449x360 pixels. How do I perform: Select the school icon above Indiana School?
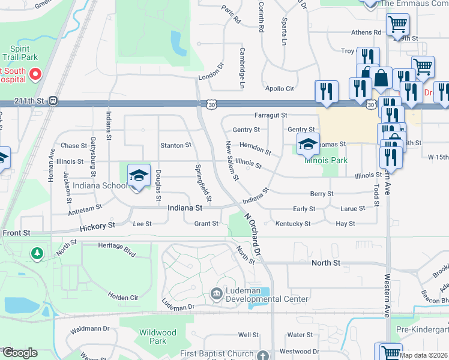point(139,175)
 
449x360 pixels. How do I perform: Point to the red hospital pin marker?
point(35,75)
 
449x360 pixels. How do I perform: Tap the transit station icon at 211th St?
point(53,101)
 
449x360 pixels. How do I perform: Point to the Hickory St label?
point(97,226)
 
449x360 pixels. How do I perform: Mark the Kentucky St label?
point(293,224)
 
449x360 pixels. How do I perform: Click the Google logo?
point(20,353)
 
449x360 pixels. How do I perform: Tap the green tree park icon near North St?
point(38,254)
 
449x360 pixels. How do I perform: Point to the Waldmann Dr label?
point(89,329)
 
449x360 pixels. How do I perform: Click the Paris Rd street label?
point(231,15)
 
